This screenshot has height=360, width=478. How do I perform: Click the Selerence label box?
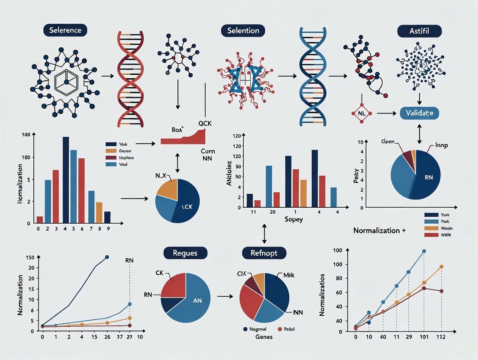(x=65, y=30)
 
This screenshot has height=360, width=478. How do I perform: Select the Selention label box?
(x=243, y=30)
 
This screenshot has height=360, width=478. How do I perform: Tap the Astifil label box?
(x=419, y=31)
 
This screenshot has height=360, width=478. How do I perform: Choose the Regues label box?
(x=185, y=253)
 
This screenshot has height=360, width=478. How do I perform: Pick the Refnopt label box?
(x=265, y=253)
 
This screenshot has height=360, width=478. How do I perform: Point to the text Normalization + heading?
(x=379, y=231)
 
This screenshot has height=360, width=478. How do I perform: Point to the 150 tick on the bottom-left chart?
(x=30, y=258)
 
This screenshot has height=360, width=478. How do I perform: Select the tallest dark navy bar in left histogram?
(x=66, y=180)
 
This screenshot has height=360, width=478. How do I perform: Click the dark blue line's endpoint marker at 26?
(x=107, y=257)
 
